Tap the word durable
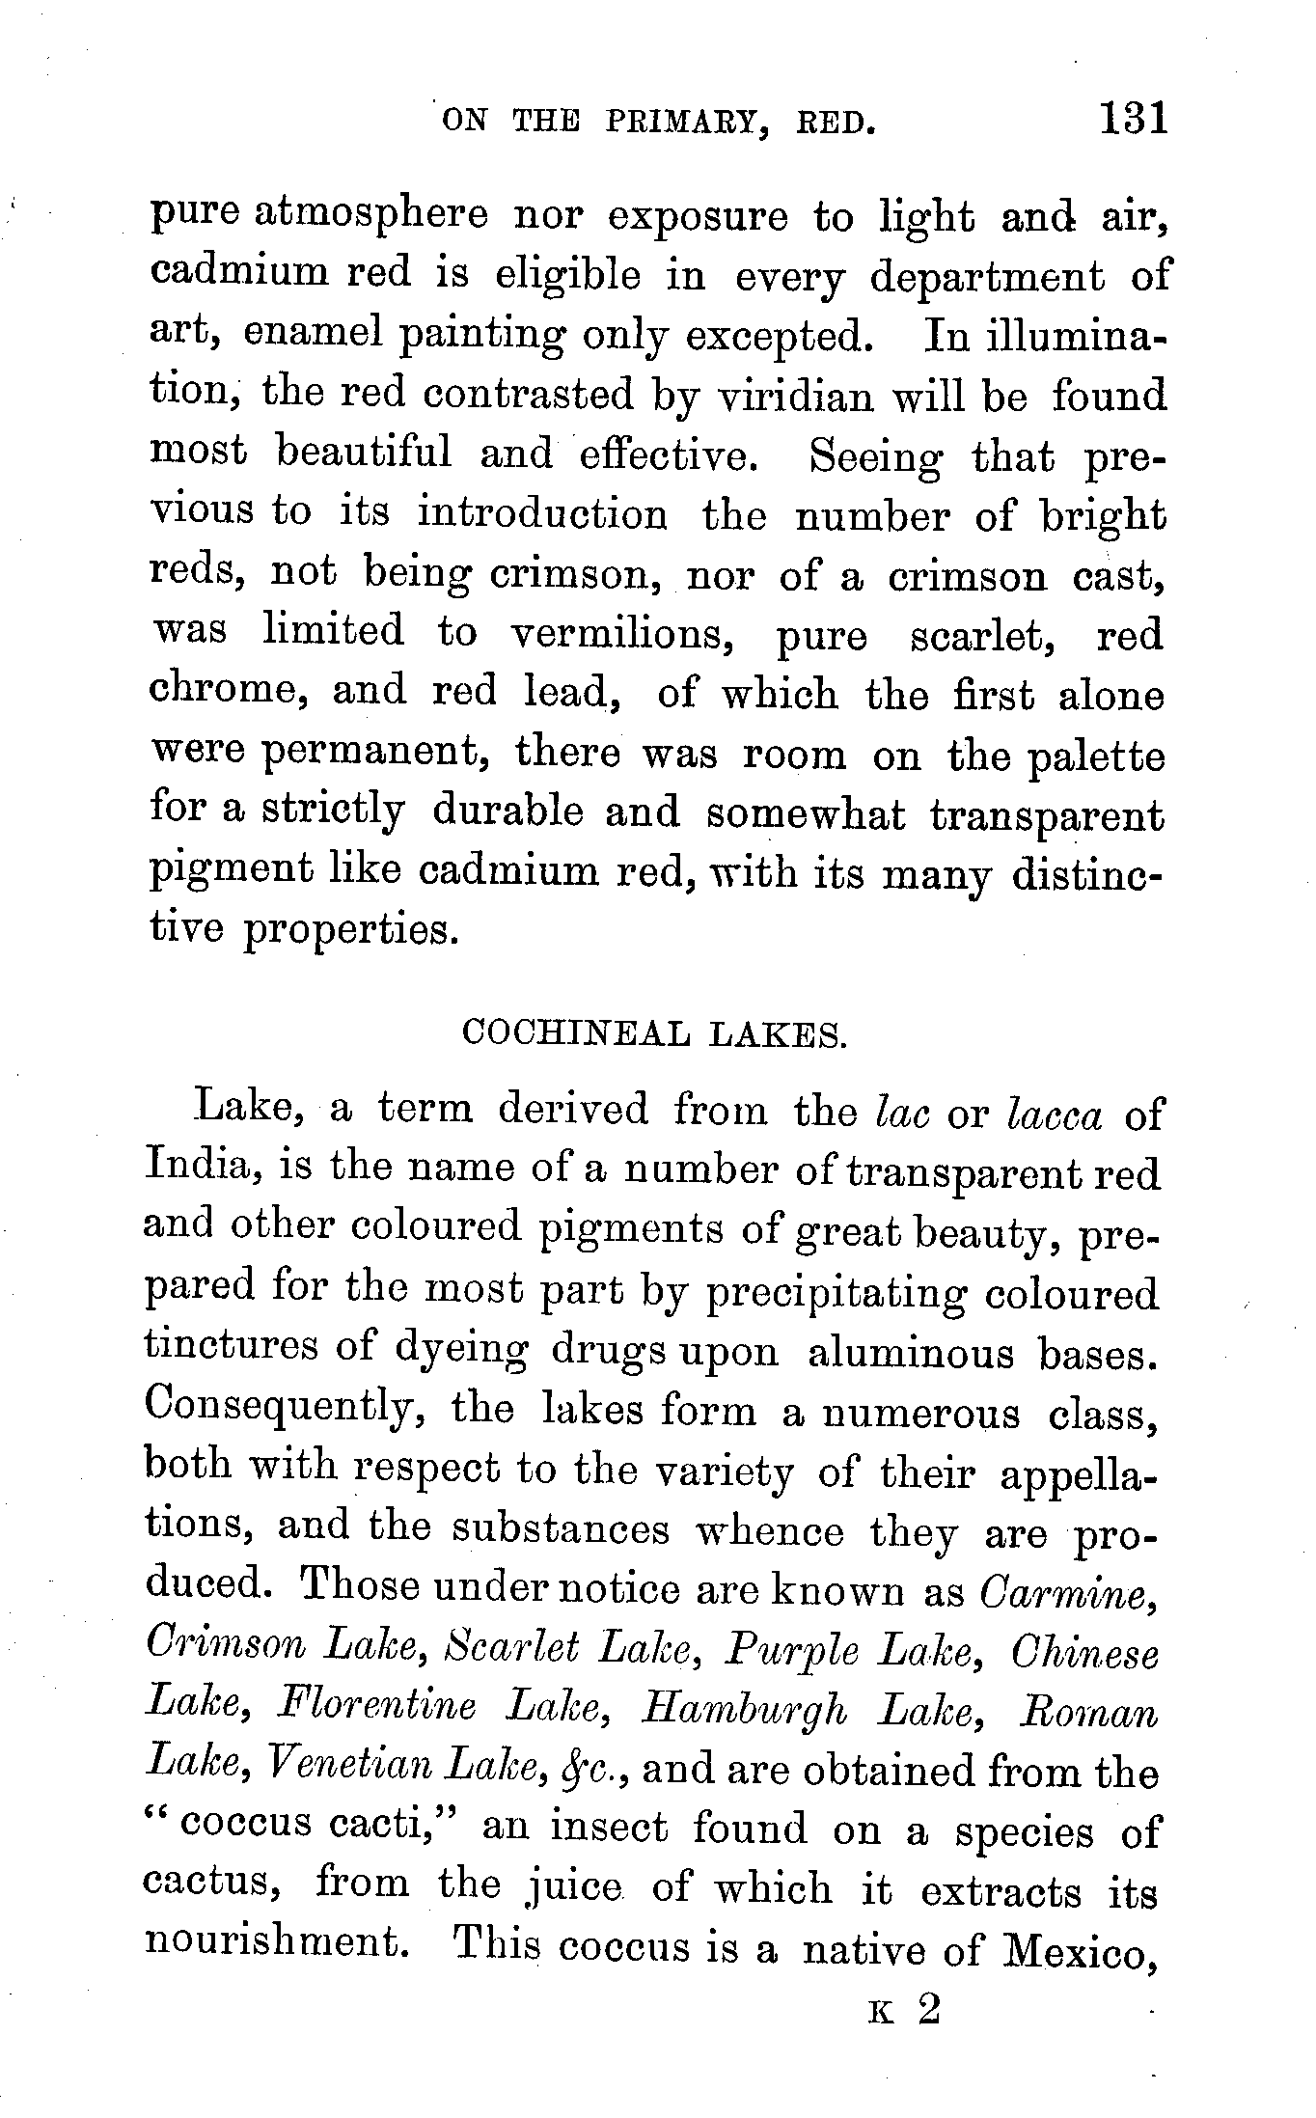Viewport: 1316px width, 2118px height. click(507, 812)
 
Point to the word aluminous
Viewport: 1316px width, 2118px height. click(911, 1353)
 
